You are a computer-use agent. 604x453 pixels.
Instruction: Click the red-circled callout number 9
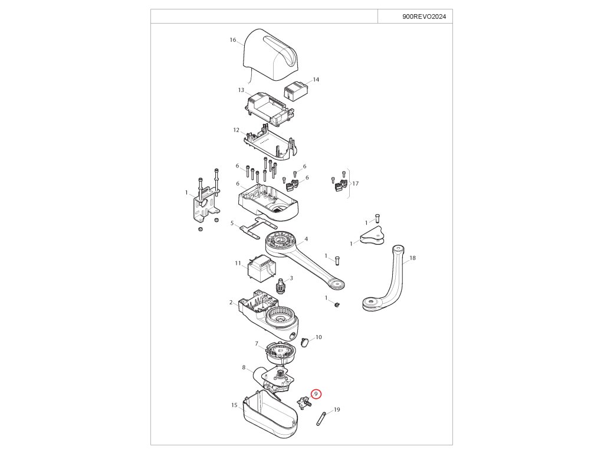(316, 393)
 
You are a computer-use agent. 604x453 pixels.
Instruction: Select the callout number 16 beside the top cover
(233, 40)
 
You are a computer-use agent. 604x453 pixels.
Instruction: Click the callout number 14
(316, 79)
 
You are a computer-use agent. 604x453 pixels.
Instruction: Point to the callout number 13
(241, 90)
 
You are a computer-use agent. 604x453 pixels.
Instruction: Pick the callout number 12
(236, 130)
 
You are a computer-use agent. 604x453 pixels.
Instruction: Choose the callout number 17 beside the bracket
(355, 184)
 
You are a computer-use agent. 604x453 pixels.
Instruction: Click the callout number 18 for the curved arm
(412, 258)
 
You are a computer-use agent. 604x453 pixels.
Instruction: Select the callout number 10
(319, 337)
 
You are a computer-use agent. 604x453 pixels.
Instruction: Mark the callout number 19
(337, 409)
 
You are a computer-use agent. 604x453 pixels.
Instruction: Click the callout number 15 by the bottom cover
(234, 405)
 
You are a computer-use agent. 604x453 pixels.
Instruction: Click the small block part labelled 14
(296, 91)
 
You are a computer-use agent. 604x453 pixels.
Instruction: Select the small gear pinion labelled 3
(281, 287)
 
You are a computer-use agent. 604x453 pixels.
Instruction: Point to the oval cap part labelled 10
(305, 342)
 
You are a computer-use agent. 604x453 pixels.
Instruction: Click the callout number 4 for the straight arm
(306, 239)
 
